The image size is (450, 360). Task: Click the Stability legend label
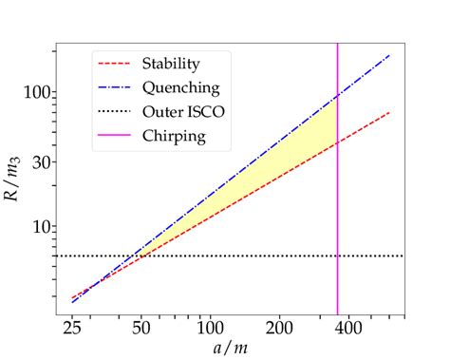click(172, 65)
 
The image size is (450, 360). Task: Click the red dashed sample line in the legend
click(116, 65)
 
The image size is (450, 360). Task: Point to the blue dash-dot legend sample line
click(116, 88)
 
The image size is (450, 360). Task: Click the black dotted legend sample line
click(116, 112)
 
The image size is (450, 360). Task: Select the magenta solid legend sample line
click(116, 136)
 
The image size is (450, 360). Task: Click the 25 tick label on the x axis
click(72, 329)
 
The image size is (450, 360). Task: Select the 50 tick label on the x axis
click(141, 329)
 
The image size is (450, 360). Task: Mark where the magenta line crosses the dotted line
click(338, 256)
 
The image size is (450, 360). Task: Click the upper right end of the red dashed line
click(390, 113)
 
